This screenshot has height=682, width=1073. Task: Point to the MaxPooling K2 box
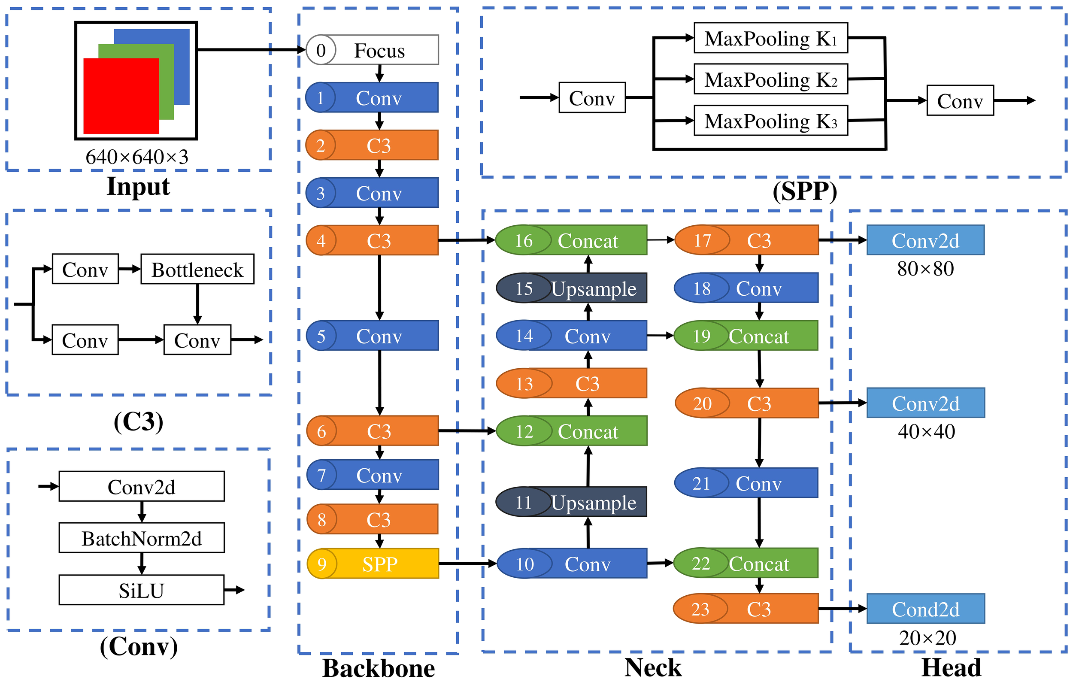(x=770, y=79)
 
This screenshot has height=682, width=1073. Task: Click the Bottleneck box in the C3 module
(x=197, y=269)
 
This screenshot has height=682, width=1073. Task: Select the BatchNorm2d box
(x=142, y=538)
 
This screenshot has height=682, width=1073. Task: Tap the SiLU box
(x=142, y=590)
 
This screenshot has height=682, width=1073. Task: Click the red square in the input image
(x=121, y=96)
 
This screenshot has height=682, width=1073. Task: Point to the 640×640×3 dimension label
(x=137, y=157)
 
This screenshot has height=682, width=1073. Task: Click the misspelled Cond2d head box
(x=925, y=609)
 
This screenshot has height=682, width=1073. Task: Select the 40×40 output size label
(x=926, y=431)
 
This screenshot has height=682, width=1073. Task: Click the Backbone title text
(x=379, y=668)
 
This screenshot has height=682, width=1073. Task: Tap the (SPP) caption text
(x=805, y=191)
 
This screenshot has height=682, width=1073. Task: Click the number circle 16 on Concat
(x=524, y=240)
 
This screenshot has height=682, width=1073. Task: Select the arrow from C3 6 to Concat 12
(x=467, y=431)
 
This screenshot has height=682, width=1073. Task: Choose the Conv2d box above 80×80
(x=925, y=240)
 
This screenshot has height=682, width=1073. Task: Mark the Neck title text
(x=653, y=667)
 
